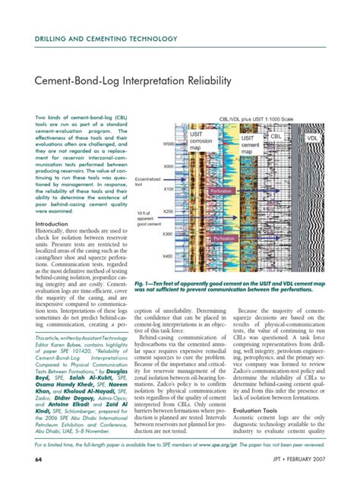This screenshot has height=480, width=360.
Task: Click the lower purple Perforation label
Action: (225, 238)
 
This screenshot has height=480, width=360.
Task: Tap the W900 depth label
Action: (169, 143)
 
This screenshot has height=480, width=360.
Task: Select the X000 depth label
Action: (169, 166)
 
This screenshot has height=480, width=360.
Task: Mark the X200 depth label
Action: (169, 211)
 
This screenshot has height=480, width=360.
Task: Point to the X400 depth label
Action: (169, 257)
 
